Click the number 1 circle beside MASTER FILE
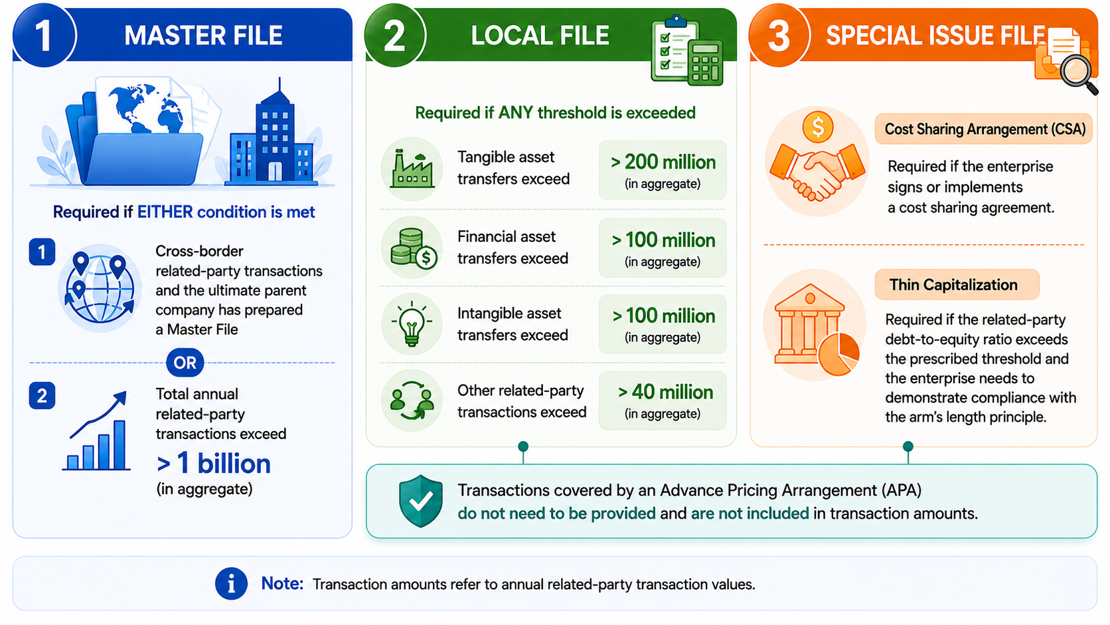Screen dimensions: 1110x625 [44, 35]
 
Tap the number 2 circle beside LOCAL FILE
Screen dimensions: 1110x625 [395, 35]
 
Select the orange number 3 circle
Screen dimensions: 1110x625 [779, 35]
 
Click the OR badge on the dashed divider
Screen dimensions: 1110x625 [185, 363]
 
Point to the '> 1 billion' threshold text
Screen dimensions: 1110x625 [214, 464]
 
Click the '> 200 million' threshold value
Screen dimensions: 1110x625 [663, 162]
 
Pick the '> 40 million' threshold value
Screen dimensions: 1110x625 [665, 392]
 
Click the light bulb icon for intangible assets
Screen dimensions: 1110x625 [412, 323]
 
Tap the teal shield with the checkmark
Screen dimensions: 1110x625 [421, 501]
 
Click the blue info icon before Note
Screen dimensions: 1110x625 [231, 584]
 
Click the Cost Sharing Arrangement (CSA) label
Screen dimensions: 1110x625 [984, 129]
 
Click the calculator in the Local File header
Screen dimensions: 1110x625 [704, 62]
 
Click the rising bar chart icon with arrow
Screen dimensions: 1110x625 [97, 430]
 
